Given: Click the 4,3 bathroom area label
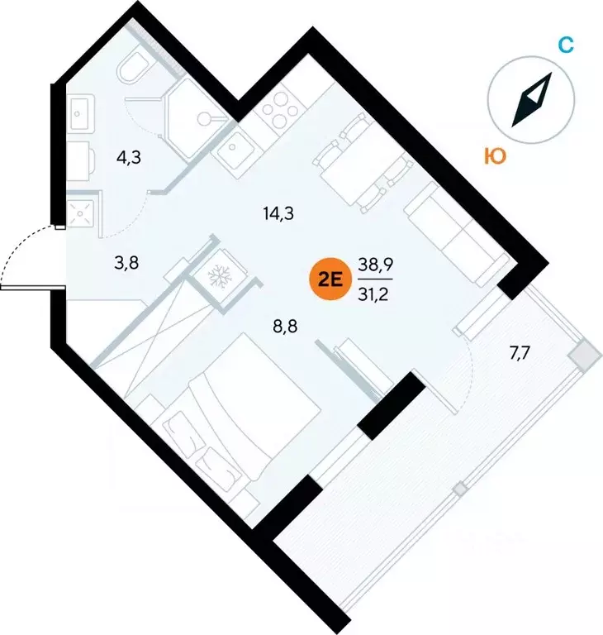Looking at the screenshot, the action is click(129, 157).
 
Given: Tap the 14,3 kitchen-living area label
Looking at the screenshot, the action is click(278, 213).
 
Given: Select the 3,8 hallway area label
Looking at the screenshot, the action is click(126, 263).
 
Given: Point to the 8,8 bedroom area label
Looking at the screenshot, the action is click(285, 326).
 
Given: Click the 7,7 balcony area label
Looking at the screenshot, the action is click(520, 354).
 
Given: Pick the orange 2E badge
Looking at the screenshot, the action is click(330, 279).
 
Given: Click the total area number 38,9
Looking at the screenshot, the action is click(376, 265).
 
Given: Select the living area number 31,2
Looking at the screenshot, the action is click(373, 294).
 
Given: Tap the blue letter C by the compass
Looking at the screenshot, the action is click(565, 45).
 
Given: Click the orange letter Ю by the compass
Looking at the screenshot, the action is click(496, 156).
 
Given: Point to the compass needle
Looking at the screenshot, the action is click(532, 100).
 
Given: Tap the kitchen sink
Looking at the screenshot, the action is click(232, 148).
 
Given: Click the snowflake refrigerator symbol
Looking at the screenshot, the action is click(219, 277).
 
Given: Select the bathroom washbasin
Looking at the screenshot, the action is click(81, 112).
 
